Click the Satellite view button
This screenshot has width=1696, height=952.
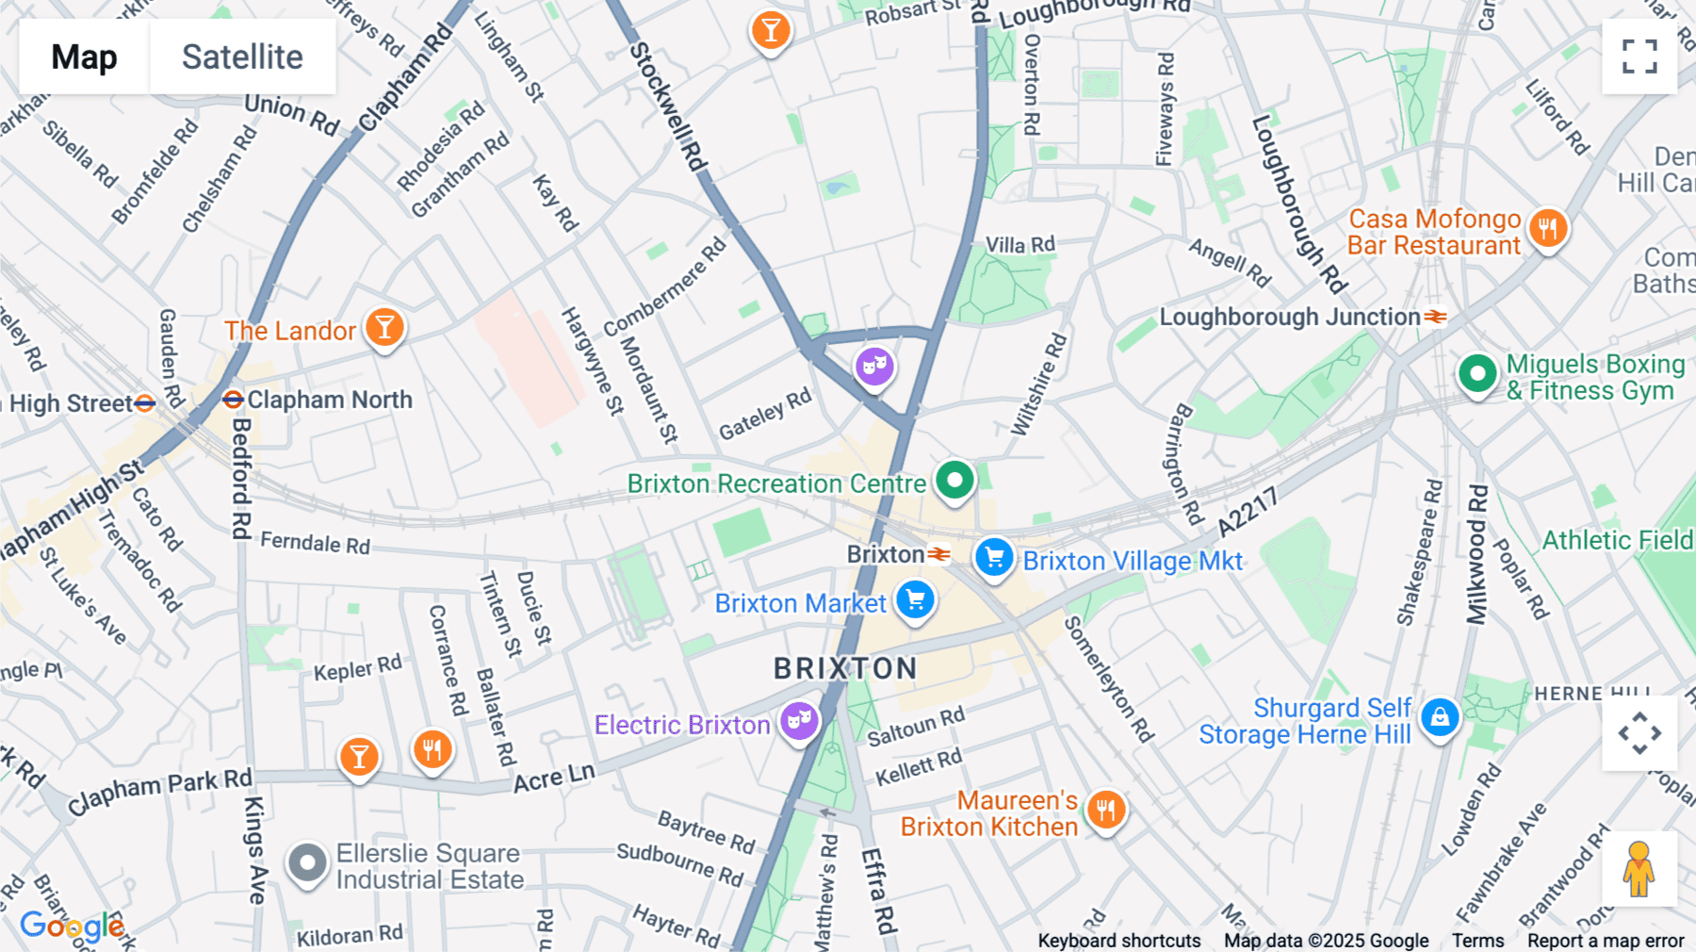coord(242,57)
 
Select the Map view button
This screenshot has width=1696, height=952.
coord(84,57)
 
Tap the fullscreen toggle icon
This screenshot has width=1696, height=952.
coord(1639,57)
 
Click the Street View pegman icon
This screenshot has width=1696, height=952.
coord(1639,869)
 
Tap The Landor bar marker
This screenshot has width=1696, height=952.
coord(384,328)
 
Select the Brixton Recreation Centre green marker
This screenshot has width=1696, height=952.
coord(954,480)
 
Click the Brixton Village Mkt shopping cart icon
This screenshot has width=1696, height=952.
coord(994,557)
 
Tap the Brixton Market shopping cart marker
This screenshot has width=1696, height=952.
coord(915,599)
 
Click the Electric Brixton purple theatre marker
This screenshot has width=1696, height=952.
coord(799,722)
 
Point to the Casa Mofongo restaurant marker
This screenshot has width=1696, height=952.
coord(1548,228)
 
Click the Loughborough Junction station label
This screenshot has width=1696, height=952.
coord(1290,317)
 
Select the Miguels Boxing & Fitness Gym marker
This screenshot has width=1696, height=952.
coord(1477,374)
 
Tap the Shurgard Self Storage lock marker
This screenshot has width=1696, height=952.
coord(1440,718)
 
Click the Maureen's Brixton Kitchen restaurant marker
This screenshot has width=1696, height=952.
coord(1106,810)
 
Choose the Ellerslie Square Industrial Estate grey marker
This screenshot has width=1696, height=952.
coord(307,862)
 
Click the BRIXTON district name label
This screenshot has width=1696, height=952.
coord(845,668)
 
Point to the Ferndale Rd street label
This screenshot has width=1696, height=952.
coord(315,543)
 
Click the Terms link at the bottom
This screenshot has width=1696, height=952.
coord(1477,941)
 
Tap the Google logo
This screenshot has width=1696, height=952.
coord(72,927)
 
